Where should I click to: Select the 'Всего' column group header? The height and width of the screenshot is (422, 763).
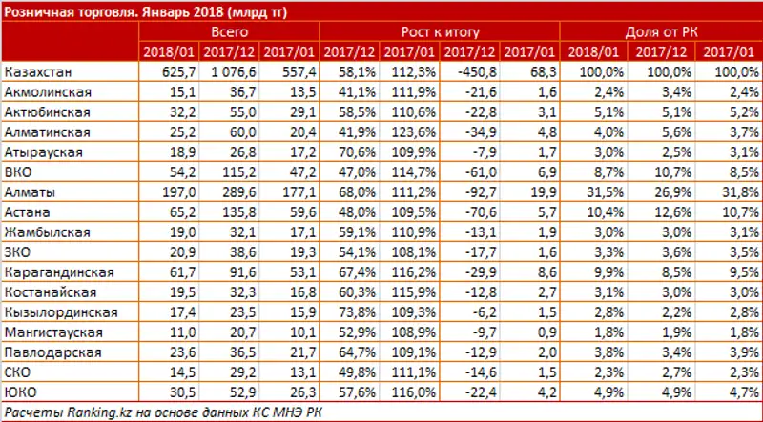point(229,31)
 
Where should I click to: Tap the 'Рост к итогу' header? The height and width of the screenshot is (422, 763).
point(440,31)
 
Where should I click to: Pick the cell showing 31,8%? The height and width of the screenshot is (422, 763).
point(738,192)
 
